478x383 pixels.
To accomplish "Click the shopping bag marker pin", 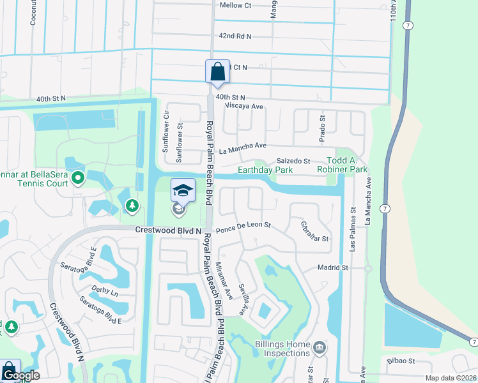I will pyautogui.click(x=217, y=71).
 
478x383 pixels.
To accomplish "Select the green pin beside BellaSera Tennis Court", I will pyautogui.click(x=78, y=177).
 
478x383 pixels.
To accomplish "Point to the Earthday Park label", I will pyautogui.click(x=265, y=170).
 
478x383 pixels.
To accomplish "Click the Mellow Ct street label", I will pyautogui.click(x=236, y=5).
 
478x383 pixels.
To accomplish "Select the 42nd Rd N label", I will pyautogui.click(x=235, y=37).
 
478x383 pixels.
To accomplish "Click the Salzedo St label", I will pyautogui.click(x=293, y=161).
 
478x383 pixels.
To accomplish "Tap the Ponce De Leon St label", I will pyautogui.click(x=243, y=225).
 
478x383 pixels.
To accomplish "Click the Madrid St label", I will pyautogui.click(x=332, y=267).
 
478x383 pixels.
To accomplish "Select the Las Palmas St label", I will pyautogui.click(x=352, y=227).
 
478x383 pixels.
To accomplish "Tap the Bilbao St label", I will pyautogui.click(x=401, y=361).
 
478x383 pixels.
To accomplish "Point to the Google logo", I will pyautogui.click(x=20, y=375).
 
